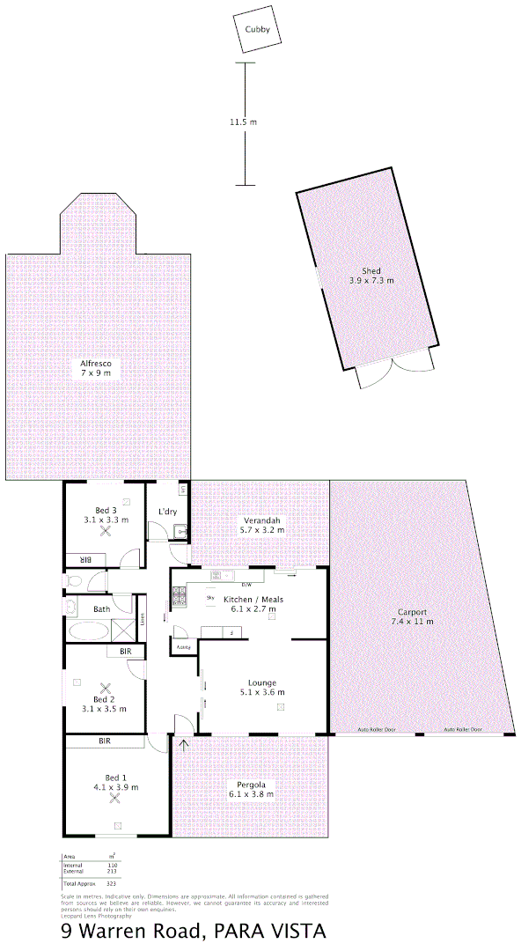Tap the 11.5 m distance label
tap(243, 122)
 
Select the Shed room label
tap(371, 270)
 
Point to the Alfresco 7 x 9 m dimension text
tap(96, 374)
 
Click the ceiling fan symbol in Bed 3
tap(106, 531)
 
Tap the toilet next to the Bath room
tap(74, 581)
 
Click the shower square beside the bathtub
tap(124, 631)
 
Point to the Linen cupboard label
tap(142, 617)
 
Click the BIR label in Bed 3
tap(86, 559)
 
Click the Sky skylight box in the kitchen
tap(211, 598)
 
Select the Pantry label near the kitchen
tap(184, 647)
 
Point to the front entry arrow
tap(184, 746)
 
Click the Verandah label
tap(263, 520)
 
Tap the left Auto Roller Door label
tap(377, 730)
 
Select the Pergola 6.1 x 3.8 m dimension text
tap(251, 793)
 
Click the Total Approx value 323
tap(112, 882)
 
